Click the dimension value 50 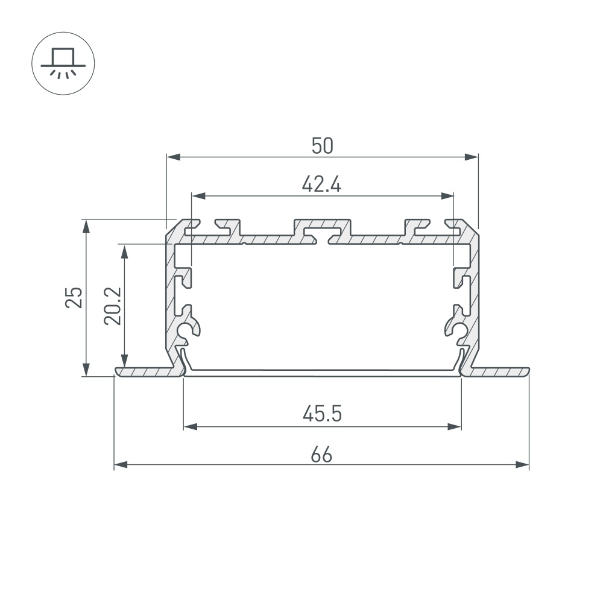322,145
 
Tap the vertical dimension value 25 74,297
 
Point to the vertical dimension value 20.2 113,306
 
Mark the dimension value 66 322,454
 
